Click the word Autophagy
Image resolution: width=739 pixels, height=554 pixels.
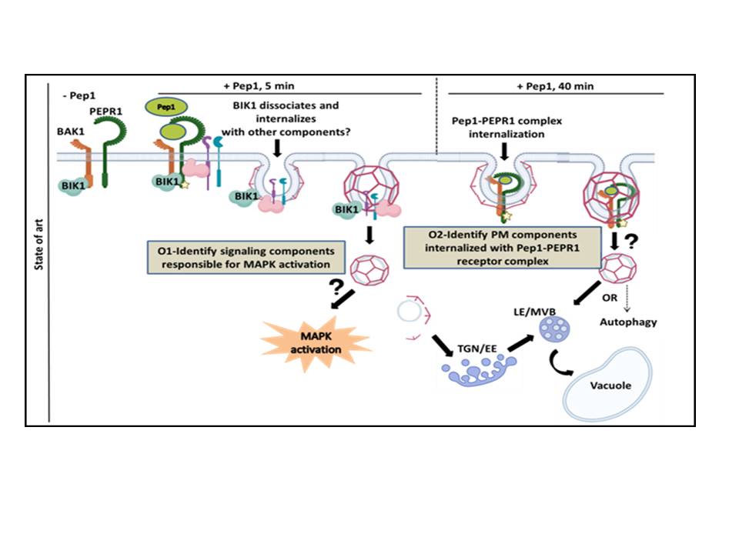(x=629, y=322)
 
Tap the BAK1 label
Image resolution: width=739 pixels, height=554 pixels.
(x=79, y=132)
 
